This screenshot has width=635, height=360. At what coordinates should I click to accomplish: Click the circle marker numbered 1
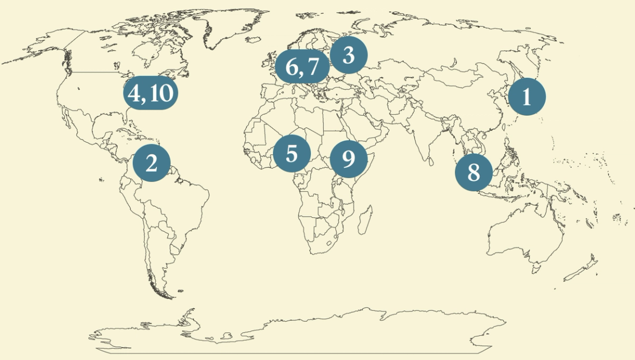point(526,96)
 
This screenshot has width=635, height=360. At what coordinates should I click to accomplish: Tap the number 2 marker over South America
point(151,163)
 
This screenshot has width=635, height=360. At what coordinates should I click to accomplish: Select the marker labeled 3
point(348,55)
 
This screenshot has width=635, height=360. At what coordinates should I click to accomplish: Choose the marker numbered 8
point(473,173)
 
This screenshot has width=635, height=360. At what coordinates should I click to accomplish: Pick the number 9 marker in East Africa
point(348,158)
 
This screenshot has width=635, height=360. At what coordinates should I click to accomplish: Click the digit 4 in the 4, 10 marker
point(134,93)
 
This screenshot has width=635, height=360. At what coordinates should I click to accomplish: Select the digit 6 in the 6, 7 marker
point(292,67)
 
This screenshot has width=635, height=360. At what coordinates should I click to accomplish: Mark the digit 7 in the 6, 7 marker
point(313,67)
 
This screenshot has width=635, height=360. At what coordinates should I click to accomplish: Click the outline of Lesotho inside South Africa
point(329,243)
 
